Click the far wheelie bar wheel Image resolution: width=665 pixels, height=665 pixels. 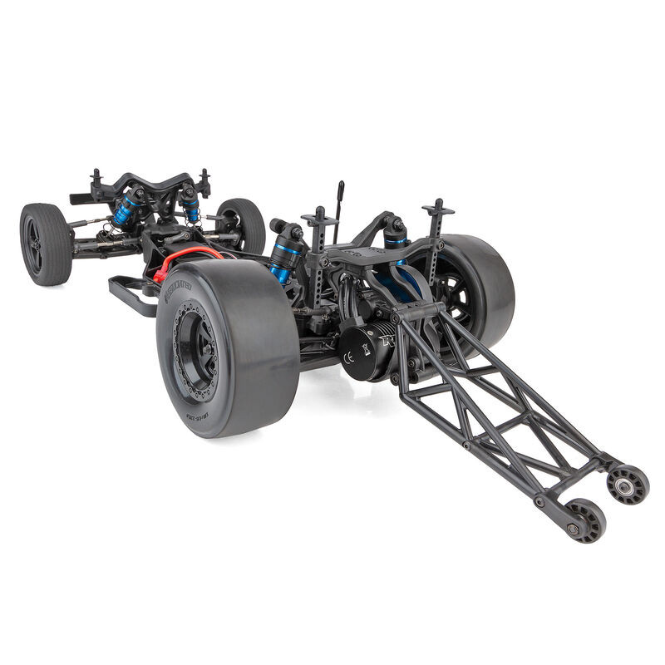(x=628, y=484)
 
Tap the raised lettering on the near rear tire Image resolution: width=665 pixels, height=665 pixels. (x=177, y=287)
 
